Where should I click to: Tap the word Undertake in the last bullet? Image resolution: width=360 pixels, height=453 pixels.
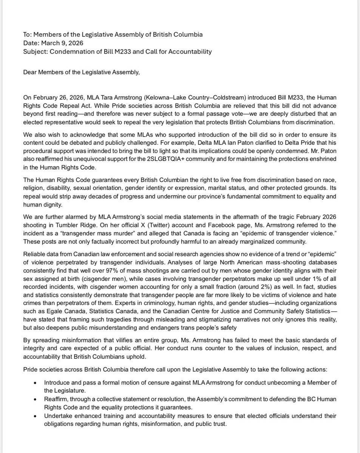tap(58, 416)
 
